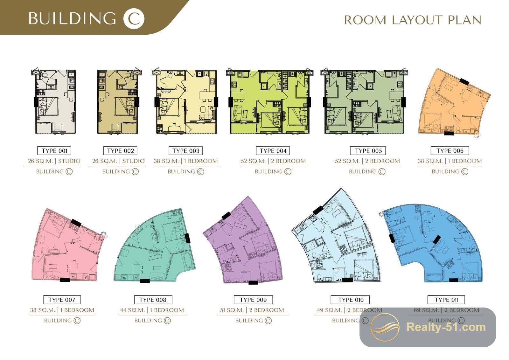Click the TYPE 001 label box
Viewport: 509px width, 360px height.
[54, 151]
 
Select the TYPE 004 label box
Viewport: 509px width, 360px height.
[273, 151]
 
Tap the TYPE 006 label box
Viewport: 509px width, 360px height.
[450, 151]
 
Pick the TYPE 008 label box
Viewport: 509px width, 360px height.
[153, 300]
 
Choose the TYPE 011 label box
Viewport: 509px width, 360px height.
[446, 300]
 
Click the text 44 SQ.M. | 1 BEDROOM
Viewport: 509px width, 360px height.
[152, 310]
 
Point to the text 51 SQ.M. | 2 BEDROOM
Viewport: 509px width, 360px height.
[252, 310]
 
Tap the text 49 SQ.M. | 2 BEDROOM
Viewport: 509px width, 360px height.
[350, 310]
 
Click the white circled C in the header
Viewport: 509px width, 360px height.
[134, 19]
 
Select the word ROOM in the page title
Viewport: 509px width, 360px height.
[365, 20]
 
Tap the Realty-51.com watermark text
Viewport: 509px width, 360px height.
[446, 327]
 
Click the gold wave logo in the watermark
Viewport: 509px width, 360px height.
[385, 327]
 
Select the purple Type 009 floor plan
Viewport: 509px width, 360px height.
[243, 240]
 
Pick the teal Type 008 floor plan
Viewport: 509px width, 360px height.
[155, 245]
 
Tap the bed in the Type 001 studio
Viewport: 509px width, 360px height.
[48, 106]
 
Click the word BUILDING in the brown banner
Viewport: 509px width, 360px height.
[72, 19]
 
